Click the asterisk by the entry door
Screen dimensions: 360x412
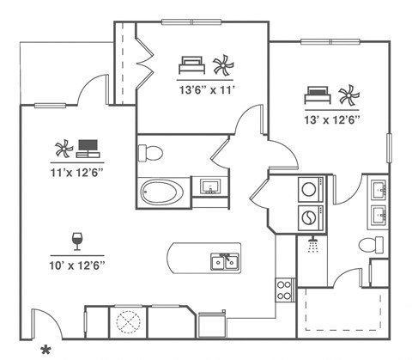pyautogui.click(x=45, y=348)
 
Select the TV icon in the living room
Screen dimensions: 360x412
pyautogui.click(x=88, y=148)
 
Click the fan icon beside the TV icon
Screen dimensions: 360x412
pyautogui.click(x=63, y=149)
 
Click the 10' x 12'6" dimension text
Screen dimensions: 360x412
pyautogui.click(x=77, y=264)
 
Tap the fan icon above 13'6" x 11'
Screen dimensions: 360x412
pyautogui.click(x=221, y=64)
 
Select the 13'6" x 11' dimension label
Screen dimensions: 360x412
pyautogui.click(x=206, y=88)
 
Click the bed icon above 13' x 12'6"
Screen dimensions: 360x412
pyautogui.click(x=316, y=93)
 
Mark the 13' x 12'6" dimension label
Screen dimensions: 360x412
pyautogui.click(x=330, y=119)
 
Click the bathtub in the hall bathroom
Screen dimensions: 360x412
pyautogui.click(x=164, y=190)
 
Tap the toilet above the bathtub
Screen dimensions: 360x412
pyautogui.click(x=152, y=154)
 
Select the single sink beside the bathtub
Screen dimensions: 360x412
pyautogui.click(x=209, y=186)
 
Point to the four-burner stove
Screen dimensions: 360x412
pyautogui.click(x=284, y=290)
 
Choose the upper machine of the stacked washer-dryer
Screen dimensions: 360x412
pyautogui.click(x=308, y=188)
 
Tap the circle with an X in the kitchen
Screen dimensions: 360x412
pyautogui.click(x=130, y=322)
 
